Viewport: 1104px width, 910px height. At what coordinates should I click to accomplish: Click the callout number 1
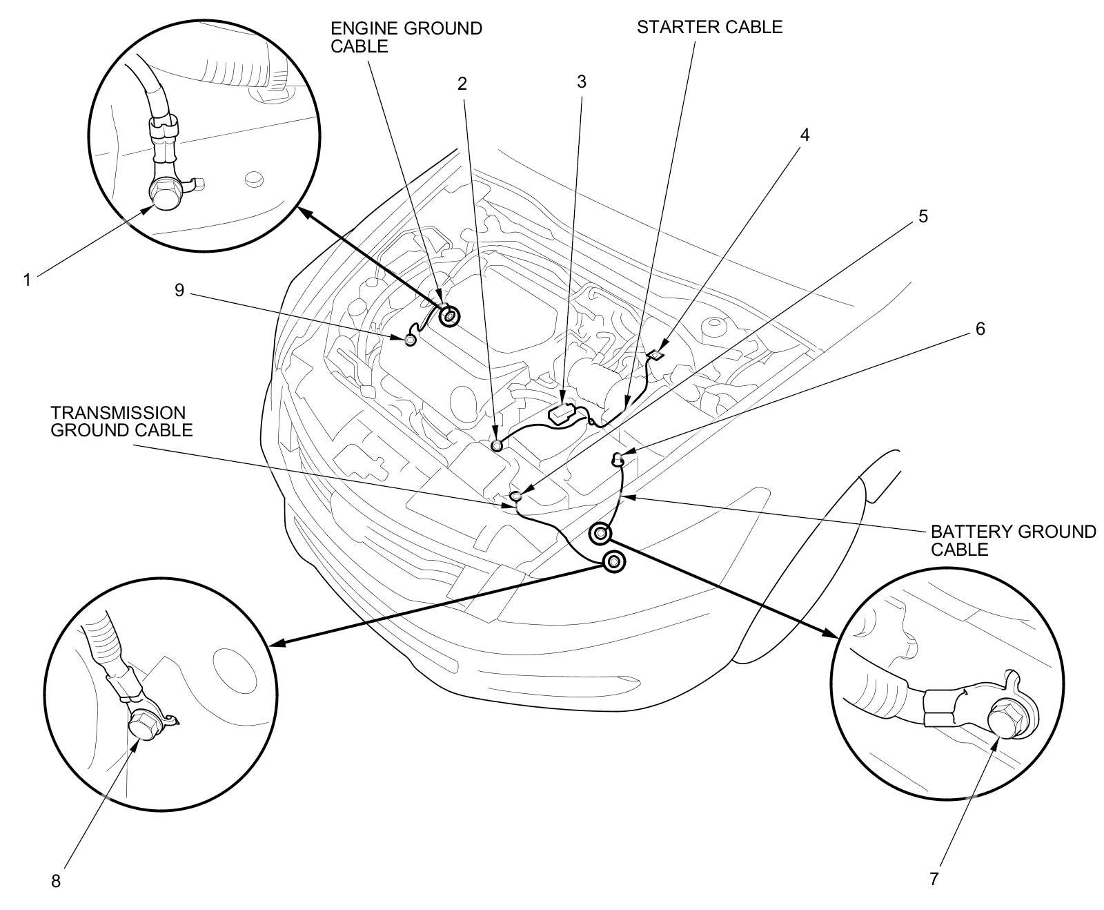27,280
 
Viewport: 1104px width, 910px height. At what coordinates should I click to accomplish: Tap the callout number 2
462,84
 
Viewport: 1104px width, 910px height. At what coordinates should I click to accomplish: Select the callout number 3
582,81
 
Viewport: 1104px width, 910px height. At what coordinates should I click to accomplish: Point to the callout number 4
804,135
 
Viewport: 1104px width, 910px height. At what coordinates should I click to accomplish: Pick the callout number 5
923,216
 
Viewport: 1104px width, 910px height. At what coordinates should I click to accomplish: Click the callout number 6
980,328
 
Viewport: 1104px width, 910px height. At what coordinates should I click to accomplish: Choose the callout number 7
934,879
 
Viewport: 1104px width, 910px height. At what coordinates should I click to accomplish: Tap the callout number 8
56,881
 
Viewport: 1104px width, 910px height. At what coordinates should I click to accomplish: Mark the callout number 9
179,290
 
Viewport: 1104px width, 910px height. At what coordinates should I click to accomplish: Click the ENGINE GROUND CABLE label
406,37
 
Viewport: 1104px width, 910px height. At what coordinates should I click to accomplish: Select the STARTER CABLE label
709,27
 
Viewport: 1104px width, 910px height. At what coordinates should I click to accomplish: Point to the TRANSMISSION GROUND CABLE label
121,421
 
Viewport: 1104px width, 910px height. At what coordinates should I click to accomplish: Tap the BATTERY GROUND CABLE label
1012,541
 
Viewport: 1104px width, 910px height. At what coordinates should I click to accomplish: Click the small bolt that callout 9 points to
411,340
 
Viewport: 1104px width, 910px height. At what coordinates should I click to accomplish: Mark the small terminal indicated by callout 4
656,356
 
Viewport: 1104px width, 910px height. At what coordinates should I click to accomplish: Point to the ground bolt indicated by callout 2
497,445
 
